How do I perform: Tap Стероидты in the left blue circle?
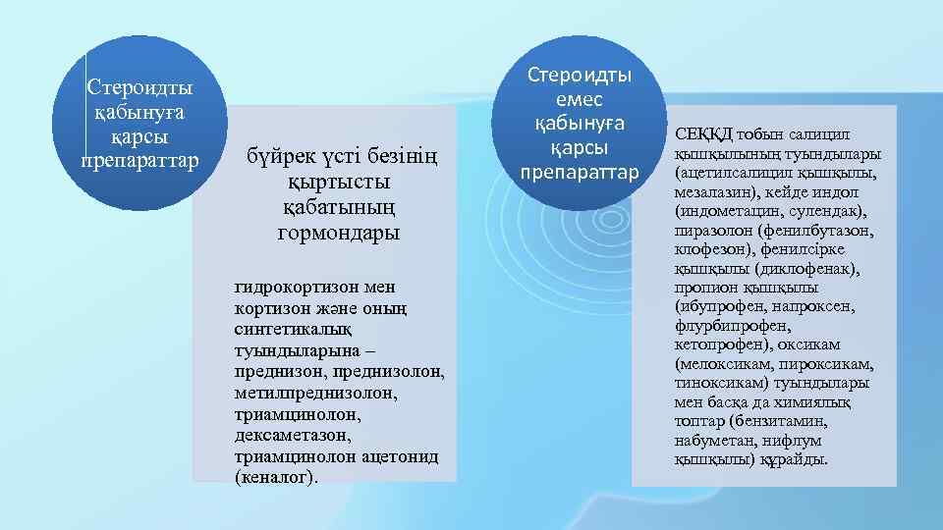click(x=139, y=87)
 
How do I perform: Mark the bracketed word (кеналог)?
click(x=276, y=477)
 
